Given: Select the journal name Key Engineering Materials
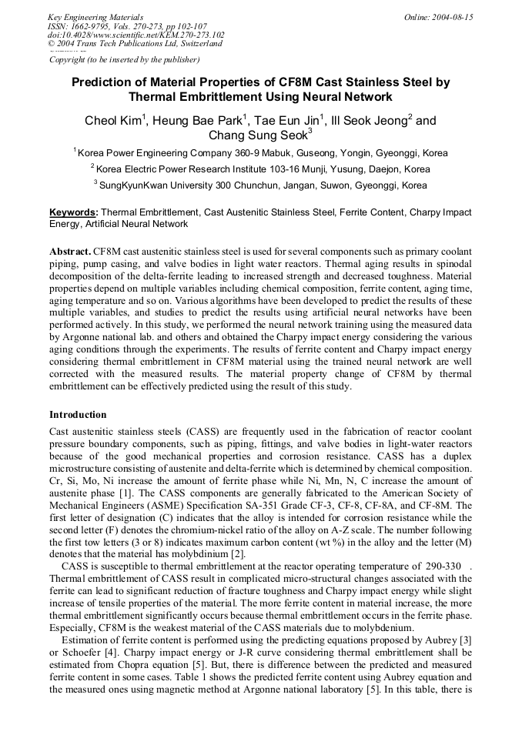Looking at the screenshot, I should (x=95, y=17).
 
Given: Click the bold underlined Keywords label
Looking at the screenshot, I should (x=73, y=212).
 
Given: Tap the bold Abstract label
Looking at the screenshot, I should (x=70, y=252).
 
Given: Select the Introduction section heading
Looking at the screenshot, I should (x=78, y=415).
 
